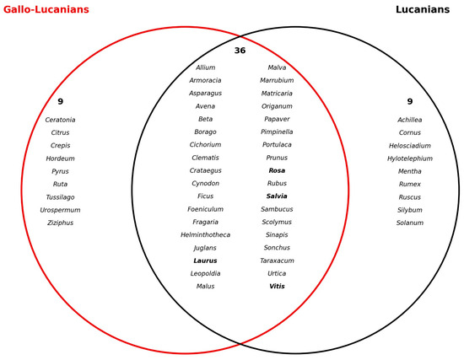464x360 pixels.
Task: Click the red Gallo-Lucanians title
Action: tap(46, 9)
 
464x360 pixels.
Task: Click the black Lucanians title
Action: tap(423, 9)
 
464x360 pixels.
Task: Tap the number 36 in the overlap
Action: tap(240, 51)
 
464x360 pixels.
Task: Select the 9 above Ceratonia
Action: tap(61, 101)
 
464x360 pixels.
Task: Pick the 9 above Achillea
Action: tap(410, 101)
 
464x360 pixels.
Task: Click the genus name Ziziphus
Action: tap(61, 223)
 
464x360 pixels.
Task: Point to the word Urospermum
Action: tap(61, 210)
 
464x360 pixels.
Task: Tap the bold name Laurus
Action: tap(205, 261)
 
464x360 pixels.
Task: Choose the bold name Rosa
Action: tap(277, 170)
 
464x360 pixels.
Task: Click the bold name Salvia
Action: tap(277, 196)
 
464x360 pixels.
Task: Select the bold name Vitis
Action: tap(277, 286)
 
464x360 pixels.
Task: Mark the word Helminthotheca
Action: tap(205, 235)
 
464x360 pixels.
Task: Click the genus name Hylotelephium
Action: tap(410, 159)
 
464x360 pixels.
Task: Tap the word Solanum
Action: tap(410, 223)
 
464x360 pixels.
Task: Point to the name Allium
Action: tap(205, 67)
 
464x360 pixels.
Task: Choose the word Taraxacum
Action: tap(277, 261)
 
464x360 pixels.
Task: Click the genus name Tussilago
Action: tap(61, 197)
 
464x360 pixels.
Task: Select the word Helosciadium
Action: tap(410, 146)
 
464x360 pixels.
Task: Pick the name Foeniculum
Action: tap(205, 209)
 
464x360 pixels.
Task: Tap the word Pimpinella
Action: tap(277, 132)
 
